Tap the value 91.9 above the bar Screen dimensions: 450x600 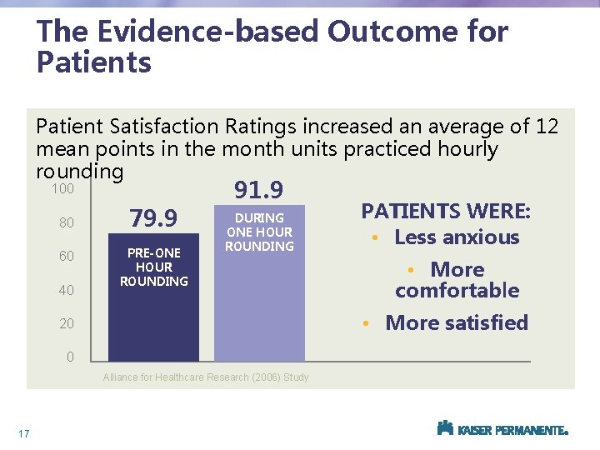(259, 191)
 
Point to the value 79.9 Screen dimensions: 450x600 (153, 219)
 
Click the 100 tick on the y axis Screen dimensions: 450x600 (62, 189)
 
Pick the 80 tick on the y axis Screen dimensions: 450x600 (67, 223)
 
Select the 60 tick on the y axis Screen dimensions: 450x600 (67, 257)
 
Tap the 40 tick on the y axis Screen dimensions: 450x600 (67, 290)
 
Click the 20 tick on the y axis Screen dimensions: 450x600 (67, 323)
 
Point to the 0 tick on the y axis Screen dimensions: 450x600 (70, 357)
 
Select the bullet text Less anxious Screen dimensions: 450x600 (457, 237)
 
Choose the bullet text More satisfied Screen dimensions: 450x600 (457, 322)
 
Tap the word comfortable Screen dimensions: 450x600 (457, 290)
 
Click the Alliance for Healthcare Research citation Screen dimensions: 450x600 (205, 377)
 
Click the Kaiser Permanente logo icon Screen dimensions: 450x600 (445, 428)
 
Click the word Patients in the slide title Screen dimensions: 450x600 (93, 62)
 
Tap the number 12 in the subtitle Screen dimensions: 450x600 (547, 127)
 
